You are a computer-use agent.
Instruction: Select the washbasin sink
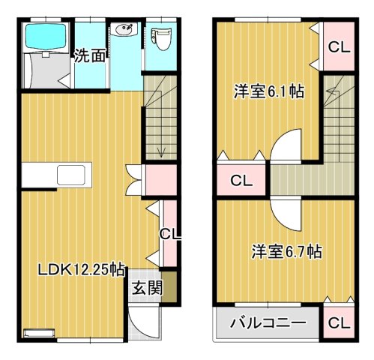[124, 31]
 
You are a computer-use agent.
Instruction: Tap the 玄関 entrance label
[146, 287]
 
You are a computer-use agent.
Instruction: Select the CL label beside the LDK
[169, 234]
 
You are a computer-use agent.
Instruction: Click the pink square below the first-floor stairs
[160, 179]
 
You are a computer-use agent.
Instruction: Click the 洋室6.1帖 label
[268, 92]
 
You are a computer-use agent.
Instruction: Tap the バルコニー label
[268, 324]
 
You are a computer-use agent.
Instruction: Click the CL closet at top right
[338, 46]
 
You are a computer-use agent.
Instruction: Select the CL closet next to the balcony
[338, 324]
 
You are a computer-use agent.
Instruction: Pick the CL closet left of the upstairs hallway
[241, 179]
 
